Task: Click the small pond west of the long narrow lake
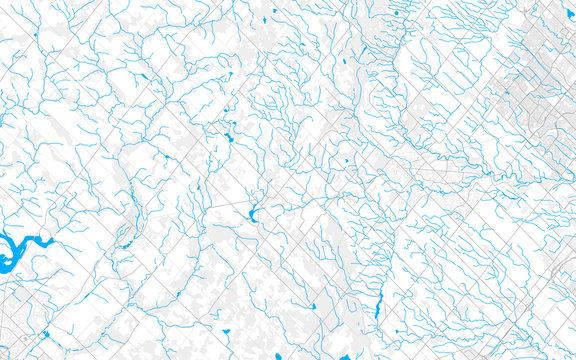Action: [313, 307]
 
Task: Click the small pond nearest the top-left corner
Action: [35, 37]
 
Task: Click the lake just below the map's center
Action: [251, 214]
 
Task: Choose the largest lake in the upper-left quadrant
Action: [229, 136]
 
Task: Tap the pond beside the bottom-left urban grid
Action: [46, 334]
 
